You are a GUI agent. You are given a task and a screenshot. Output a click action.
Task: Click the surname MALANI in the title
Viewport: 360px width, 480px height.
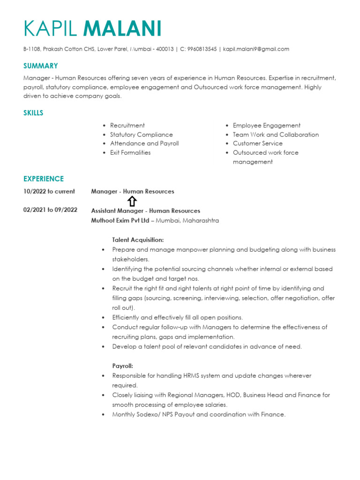coord(122,29)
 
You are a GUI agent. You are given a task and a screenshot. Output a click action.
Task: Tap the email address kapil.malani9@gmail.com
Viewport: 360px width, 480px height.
coord(256,49)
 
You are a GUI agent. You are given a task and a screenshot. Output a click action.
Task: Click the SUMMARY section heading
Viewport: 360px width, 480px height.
coord(41,66)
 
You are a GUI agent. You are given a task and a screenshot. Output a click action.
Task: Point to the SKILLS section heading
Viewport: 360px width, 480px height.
coord(33,113)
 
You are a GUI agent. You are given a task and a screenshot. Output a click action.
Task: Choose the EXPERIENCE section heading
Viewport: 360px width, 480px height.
coord(44,179)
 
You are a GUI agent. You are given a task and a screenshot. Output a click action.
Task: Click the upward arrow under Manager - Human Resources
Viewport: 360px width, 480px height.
coord(132,201)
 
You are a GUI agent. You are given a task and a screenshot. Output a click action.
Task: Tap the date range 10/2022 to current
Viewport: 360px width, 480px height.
coord(49,191)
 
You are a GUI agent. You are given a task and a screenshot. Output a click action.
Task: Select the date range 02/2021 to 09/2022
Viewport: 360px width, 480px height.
coord(51,210)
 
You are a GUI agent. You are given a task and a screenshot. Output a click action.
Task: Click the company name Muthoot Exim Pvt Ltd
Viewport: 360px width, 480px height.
coord(120,220)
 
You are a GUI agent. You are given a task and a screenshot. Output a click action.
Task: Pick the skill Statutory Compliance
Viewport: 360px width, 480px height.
coord(141,135)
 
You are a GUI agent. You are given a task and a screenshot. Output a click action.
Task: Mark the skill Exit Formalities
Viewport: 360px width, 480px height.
coord(130,152)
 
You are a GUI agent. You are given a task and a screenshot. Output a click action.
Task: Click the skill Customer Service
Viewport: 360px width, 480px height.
coord(258,143)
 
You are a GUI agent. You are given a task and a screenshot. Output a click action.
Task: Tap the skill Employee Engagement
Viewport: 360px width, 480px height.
coord(267,126)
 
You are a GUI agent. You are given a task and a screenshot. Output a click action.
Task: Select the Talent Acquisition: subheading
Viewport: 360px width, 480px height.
coord(138,240)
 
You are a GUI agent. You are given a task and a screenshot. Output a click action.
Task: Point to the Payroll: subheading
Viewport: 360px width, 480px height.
coord(122,366)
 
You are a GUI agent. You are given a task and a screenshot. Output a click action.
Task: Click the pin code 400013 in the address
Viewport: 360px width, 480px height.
coord(165,49)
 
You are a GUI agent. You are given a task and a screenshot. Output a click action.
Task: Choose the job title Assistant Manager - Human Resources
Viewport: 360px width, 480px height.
coord(145,211)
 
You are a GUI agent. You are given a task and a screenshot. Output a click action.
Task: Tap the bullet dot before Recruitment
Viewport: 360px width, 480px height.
coord(104,126)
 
